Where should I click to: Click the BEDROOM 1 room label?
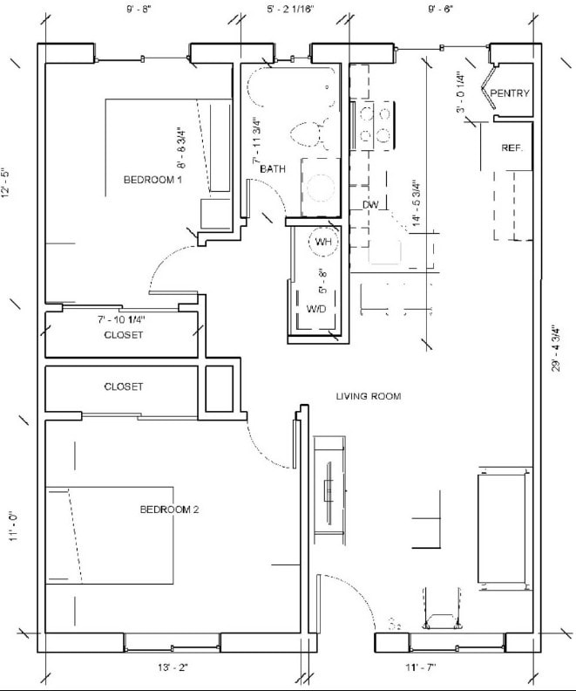point(152,180)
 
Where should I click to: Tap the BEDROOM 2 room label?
point(170,510)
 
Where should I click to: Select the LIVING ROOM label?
point(369,397)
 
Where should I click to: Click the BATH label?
point(273,168)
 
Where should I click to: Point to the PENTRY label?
point(510,93)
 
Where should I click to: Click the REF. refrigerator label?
point(512,148)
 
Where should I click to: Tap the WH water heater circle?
point(323,242)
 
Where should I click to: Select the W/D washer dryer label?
point(316,309)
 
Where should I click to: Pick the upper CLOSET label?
point(123,335)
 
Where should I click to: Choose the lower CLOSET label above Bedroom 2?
point(123,387)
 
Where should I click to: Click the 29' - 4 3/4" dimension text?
point(554,349)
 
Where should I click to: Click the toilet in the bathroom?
point(306,133)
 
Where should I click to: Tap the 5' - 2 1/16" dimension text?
point(290,10)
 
